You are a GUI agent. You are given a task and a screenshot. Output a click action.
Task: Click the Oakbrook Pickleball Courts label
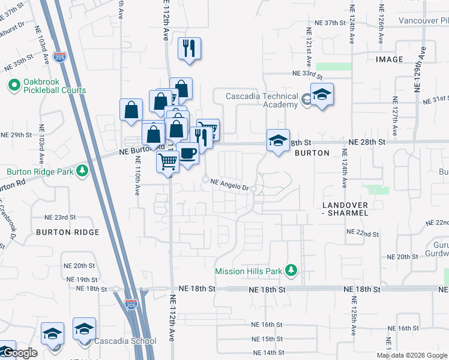pyautogui.click(x=55, y=86)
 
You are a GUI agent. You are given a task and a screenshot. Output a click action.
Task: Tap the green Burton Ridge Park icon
pyautogui.click(x=83, y=171)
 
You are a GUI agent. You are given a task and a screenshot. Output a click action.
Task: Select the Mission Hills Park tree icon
pyautogui.click(x=291, y=271)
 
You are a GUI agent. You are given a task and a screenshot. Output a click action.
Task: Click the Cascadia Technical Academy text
pyautogui.click(x=262, y=100)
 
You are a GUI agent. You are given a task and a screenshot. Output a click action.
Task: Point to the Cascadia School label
pyautogui.click(x=125, y=341)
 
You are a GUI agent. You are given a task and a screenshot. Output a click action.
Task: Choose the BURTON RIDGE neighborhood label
pyautogui.click(x=67, y=232)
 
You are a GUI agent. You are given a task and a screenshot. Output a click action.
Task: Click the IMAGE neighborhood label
pyautogui.click(x=390, y=59)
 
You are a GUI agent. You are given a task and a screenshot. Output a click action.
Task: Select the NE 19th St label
pyautogui.click(x=82, y=280)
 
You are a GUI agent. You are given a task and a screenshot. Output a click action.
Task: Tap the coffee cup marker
pyautogui.click(x=188, y=155)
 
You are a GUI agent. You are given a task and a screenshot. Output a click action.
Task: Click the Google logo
pyautogui.click(x=20, y=353)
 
